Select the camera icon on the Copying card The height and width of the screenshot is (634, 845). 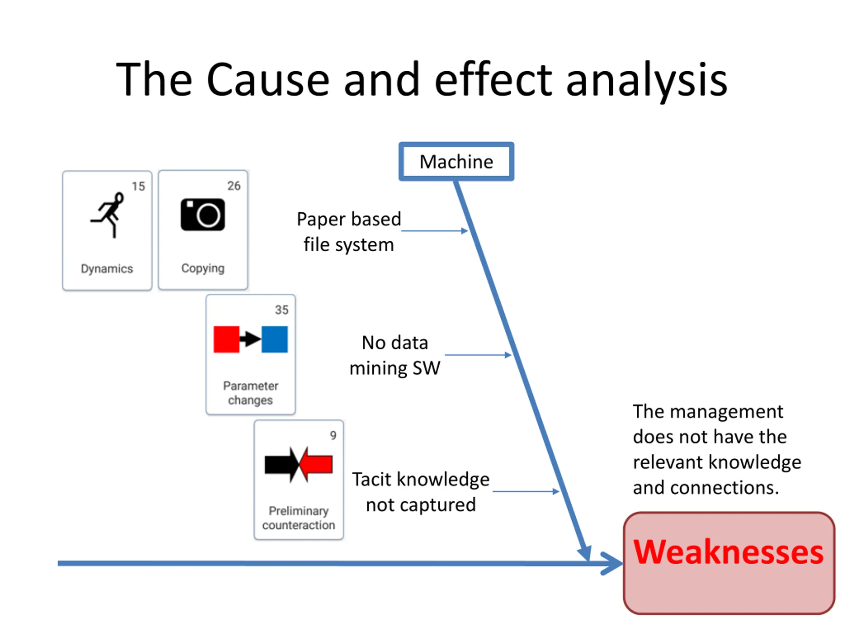click(203, 214)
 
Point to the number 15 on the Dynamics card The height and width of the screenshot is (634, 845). click(138, 187)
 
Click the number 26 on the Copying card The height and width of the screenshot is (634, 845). click(234, 186)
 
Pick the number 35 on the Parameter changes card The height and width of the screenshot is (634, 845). click(282, 310)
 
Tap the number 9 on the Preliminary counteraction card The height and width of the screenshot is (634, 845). click(333, 435)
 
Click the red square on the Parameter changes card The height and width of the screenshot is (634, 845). click(226, 339)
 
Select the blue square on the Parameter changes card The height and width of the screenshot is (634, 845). click(275, 339)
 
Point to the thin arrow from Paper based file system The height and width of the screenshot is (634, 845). click(434, 231)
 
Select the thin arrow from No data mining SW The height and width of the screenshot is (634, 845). click(478, 355)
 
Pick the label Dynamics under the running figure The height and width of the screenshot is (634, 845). click(107, 269)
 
